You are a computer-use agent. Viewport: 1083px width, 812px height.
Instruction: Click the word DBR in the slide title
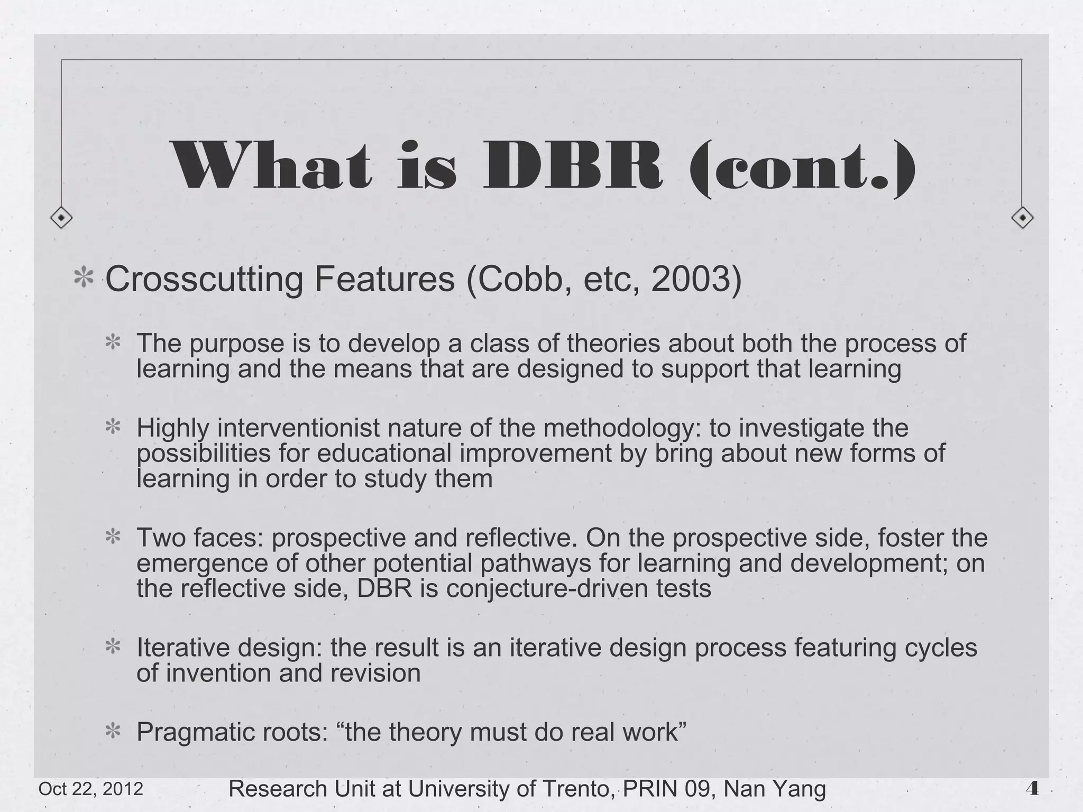pos(573,167)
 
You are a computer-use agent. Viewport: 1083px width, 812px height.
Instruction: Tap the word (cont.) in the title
pos(802,168)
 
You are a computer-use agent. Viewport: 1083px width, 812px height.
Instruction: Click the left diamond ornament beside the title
pos(61,217)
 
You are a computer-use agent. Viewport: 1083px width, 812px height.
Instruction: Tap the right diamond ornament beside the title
pos(1022,217)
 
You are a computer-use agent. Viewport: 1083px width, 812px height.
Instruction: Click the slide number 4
pos(1032,789)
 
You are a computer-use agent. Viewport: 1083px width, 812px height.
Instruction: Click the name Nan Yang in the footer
pos(775,789)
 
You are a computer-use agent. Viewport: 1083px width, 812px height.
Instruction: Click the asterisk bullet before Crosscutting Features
pos(84,279)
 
